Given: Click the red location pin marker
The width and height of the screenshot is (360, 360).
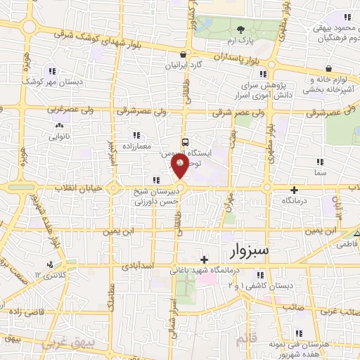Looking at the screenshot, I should coord(180,166).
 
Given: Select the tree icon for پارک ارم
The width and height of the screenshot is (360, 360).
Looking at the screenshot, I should coord(241,30).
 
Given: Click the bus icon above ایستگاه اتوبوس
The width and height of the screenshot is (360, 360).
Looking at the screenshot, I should coord(185,140).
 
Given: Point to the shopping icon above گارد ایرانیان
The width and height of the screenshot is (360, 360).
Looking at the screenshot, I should coord(184,53).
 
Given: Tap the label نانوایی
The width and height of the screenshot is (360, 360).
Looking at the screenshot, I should coord(59,137).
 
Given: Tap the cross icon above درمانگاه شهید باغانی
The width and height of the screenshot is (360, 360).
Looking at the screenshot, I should coord(204,259).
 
